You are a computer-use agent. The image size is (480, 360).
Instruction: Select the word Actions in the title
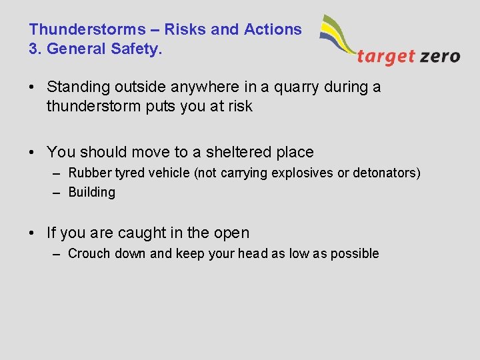(x=273, y=29)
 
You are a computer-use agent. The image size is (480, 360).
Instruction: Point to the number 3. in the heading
(x=35, y=49)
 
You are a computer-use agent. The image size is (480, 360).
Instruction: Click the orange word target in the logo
(x=386, y=57)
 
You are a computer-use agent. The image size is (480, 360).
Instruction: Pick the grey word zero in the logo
(x=440, y=57)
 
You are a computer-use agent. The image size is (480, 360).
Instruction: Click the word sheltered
(x=229, y=152)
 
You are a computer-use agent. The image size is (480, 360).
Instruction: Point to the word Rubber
(x=90, y=173)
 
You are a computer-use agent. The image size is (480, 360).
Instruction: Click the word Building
(x=92, y=192)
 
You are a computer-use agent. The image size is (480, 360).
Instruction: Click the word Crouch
(x=89, y=253)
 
